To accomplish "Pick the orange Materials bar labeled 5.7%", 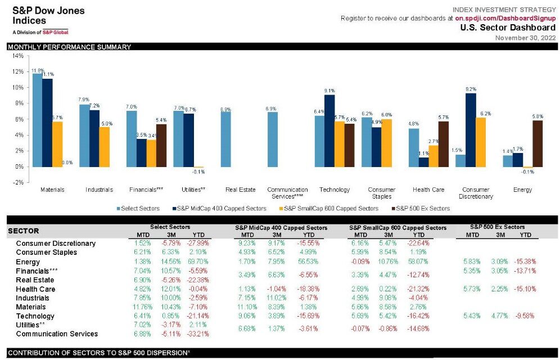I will (x=57, y=144).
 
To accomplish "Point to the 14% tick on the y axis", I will (x=17, y=56).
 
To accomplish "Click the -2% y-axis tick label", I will (x=17, y=182).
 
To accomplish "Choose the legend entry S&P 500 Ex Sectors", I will (x=423, y=209).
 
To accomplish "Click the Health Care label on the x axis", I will (x=428, y=190).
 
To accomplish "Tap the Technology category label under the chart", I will (x=335, y=190).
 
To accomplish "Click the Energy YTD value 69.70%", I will (x=197, y=262).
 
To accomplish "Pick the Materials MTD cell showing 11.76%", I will (x=143, y=307).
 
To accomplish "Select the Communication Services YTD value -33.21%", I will (x=197, y=334).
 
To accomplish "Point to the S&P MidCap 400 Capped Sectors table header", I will (x=281, y=227).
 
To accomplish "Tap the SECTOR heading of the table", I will (x=24, y=231).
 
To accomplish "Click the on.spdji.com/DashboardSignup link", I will (x=505, y=18).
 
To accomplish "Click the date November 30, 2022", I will (x=525, y=37).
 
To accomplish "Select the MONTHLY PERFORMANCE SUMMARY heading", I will (x=69, y=47).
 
